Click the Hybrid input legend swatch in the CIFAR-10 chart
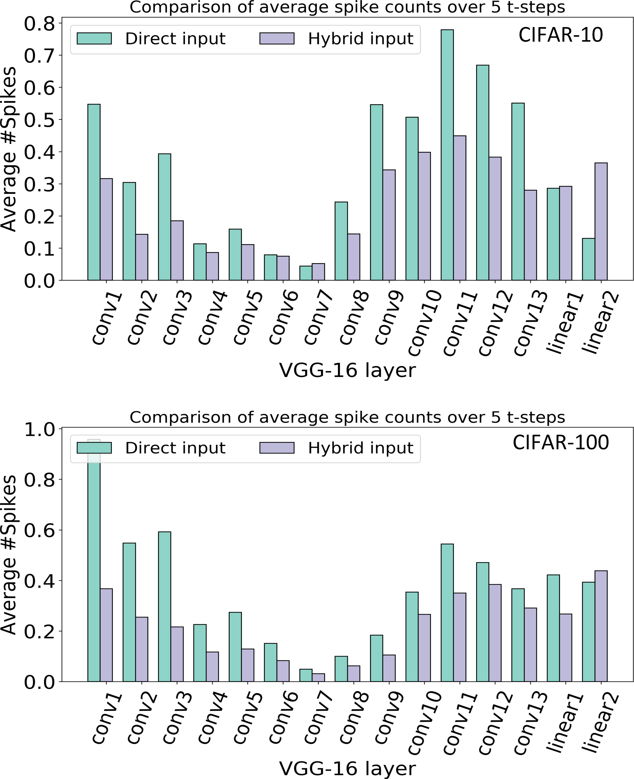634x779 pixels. (277, 38)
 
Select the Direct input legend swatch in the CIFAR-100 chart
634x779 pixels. (94, 448)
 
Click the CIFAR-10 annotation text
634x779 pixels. (561, 35)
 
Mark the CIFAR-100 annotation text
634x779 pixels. (561, 443)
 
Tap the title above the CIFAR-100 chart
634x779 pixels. (347, 417)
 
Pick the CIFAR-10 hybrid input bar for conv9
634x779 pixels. (389, 225)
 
